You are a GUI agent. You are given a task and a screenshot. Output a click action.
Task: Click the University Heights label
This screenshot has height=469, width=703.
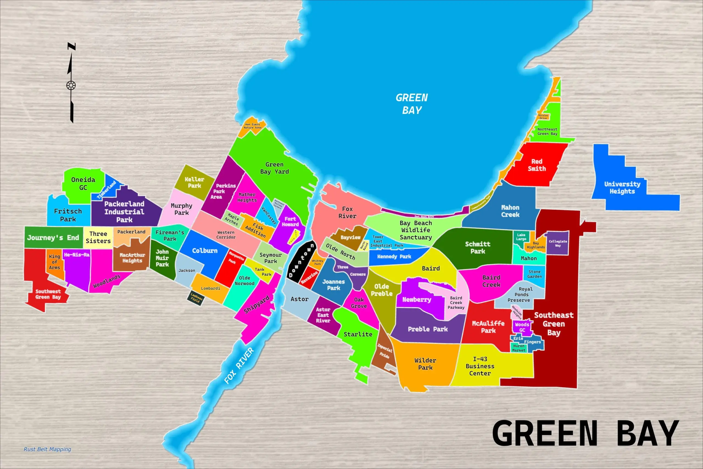(622, 188)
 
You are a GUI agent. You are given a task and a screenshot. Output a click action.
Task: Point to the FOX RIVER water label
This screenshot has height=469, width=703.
(239, 365)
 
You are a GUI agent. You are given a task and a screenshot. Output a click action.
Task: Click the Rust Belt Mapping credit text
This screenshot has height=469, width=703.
(47, 449)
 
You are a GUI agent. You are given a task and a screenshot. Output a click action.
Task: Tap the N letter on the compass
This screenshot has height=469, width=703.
(71, 46)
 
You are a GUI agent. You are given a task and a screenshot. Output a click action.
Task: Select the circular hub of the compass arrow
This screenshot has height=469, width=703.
(71, 85)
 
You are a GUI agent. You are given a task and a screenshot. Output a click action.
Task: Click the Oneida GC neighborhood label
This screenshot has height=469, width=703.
(83, 183)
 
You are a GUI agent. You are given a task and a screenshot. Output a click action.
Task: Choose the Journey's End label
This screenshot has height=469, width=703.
(53, 238)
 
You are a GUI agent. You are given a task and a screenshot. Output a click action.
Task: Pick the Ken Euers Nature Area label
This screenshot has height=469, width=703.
(252, 126)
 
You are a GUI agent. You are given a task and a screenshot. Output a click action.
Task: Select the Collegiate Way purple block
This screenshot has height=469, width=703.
(558, 243)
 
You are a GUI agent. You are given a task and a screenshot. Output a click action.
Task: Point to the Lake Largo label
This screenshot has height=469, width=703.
(521, 237)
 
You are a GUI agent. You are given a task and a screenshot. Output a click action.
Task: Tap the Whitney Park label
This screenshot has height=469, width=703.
(317, 262)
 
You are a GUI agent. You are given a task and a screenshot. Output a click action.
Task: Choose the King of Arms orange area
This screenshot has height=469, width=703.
(54, 262)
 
